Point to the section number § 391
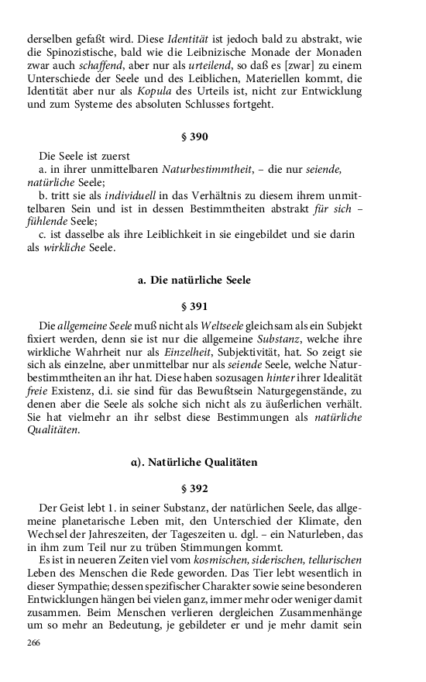(x=194, y=307)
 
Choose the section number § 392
(x=194, y=489)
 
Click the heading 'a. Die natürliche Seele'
(x=194, y=279)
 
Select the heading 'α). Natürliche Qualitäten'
(x=194, y=462)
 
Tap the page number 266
(x=33, y=643)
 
